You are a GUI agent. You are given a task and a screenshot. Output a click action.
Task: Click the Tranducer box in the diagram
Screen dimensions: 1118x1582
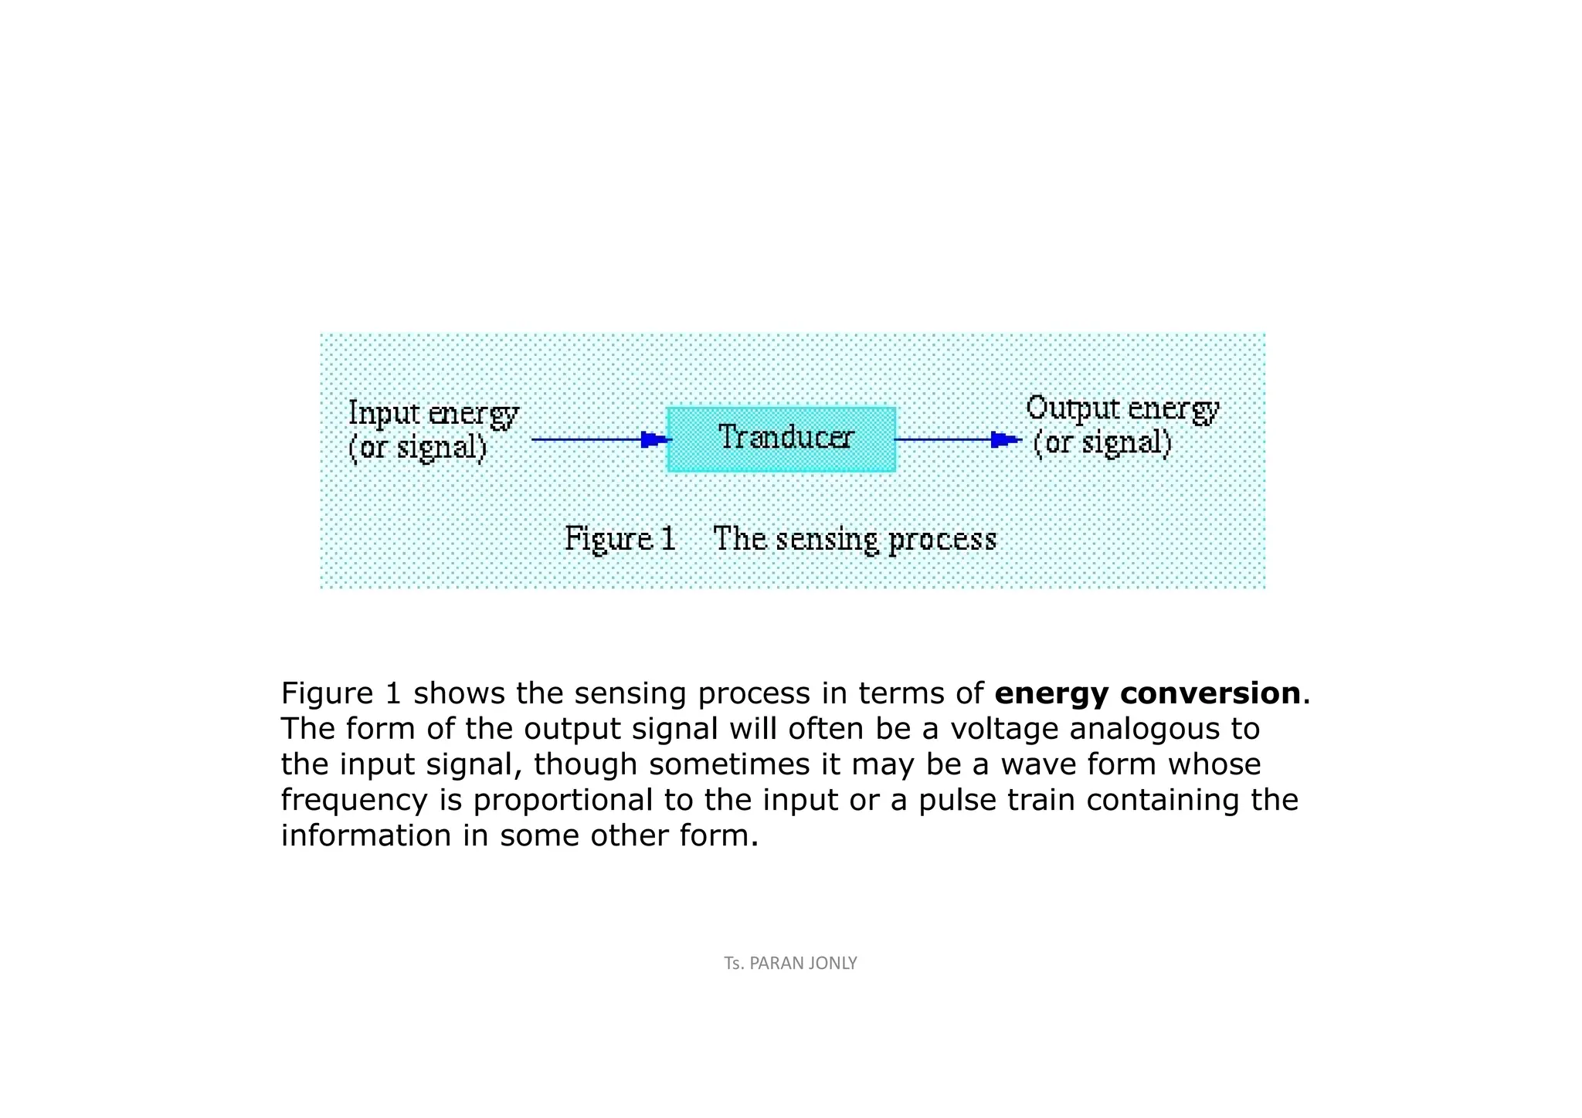(x=781, y=439)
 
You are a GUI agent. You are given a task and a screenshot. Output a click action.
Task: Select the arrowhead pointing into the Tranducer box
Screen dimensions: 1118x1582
(x=654, y=439)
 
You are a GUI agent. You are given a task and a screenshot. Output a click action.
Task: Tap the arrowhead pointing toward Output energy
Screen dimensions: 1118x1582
(x=1003, y=439)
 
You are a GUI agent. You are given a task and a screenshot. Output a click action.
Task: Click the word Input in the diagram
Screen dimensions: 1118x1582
(x=383, y=414)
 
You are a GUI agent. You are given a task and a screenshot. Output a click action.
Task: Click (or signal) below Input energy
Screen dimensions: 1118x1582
(x=418, y=448)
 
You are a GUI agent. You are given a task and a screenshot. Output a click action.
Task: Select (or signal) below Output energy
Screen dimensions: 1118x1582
(x=1102, y=443)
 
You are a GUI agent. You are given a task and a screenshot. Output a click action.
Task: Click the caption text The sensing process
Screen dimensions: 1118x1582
(x=854, y=539)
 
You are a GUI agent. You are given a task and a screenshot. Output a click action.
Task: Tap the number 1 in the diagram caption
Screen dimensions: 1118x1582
(x=668, y=538)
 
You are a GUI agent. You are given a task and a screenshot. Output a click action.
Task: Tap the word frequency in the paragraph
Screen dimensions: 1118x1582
(x=354, y=800)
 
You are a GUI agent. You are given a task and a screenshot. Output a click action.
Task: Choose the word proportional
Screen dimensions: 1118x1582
(x=562, y=800)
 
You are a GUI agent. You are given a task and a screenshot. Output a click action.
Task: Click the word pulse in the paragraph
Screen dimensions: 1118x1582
(x=957, y=800)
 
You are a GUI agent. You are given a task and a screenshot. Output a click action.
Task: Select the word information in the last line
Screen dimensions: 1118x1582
(x=365, y=835)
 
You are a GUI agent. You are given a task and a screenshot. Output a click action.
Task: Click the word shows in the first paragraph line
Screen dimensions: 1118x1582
(x=459, y=693)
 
